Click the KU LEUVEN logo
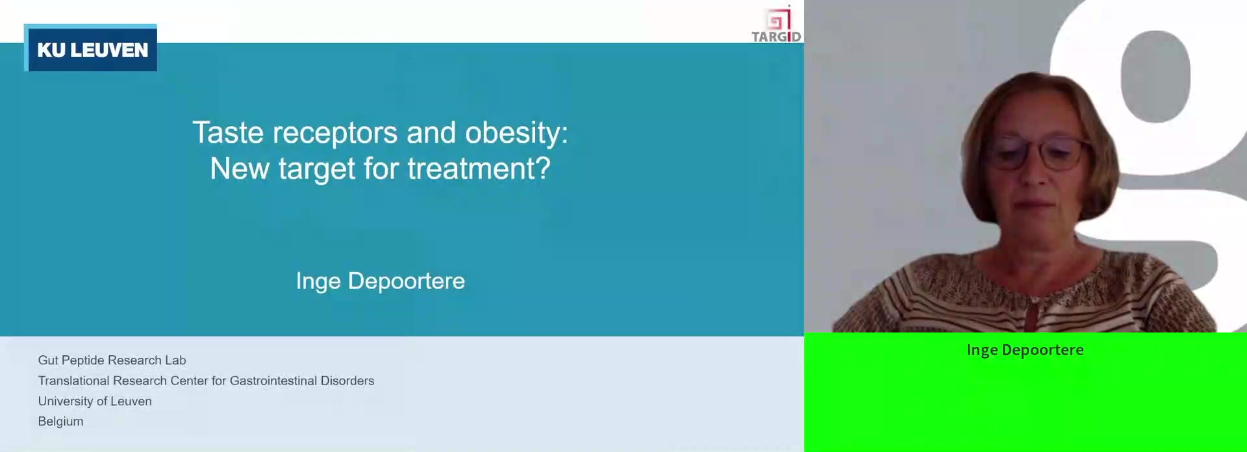(x=90, y=48)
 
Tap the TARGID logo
(x=776, y=24)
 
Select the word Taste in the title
(x=227, y=132)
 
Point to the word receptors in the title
(x=335, y=134)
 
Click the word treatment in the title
(x=479, y=169)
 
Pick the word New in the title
(x=240, y=169)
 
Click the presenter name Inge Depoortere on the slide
(x=381, y=281)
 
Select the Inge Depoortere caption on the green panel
(x=1025, y=350)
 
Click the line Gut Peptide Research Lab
(x=112, y=360)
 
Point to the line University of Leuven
(x=95, y=401)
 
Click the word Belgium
(x=60, y=421)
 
